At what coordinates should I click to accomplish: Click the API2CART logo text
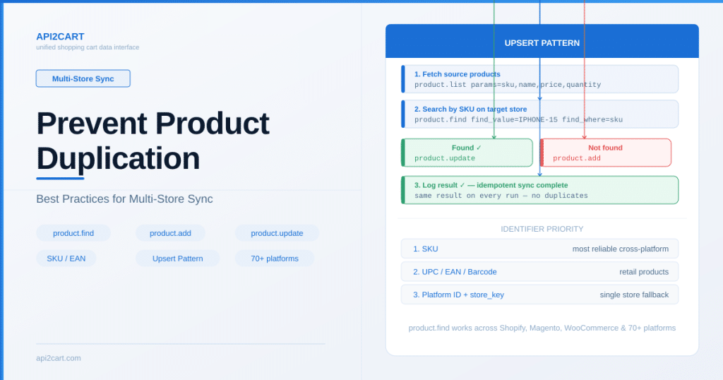coord(60,37)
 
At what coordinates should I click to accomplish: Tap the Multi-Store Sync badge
coord(83,78)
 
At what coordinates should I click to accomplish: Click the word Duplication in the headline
coord(118,159)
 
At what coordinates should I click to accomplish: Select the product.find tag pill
coord(73,233)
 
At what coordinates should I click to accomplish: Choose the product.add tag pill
coord(170,233)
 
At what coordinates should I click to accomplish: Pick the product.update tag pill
coord(277,233)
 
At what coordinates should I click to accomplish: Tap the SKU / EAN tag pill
coord(66,259)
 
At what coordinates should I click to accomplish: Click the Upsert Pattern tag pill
coord(177,259)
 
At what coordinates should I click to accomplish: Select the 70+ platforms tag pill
coord(275,259)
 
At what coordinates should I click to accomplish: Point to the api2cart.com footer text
coord(59,358)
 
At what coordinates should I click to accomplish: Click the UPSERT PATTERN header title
coord(542,43)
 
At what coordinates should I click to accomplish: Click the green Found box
coord(467,153)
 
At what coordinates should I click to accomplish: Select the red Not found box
coord(605,153)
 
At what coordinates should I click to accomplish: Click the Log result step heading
coord(491,185)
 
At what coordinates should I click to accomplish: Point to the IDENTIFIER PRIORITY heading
coord(542,229)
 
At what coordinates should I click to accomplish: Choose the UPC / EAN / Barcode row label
coord(455,272)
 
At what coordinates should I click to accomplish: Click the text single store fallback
coord(634,295)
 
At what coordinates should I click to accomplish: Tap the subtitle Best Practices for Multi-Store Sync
coord(124,198)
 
